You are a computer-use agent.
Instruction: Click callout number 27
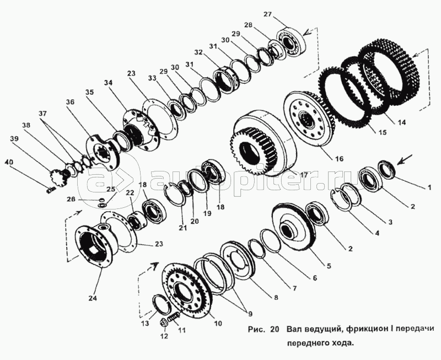coord(268,14)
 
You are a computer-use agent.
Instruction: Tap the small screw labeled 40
coord(50,190)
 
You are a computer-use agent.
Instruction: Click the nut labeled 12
coord(164,323)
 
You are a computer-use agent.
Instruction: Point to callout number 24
coord(93,298)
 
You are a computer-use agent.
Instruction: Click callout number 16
coord(339,159)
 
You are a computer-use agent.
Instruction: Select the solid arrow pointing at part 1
coord(405,159)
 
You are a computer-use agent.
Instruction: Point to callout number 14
coord(402,122)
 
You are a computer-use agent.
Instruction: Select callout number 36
coord(70,102)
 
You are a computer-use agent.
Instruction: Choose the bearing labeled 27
coord(291,43)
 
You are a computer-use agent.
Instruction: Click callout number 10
coord(218,323)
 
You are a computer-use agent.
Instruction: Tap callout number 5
coord(328,266)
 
